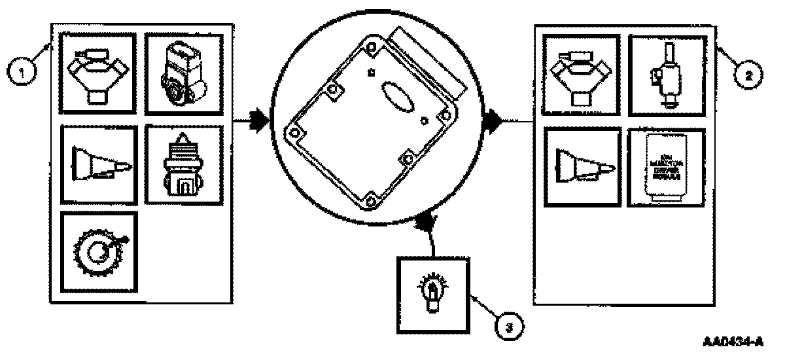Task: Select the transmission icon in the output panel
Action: pos(579,167)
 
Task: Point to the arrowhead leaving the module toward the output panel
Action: pos(492,120)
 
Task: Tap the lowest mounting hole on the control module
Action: pos(371,199)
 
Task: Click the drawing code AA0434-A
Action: pos(733,342)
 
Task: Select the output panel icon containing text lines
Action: pos(666,167)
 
